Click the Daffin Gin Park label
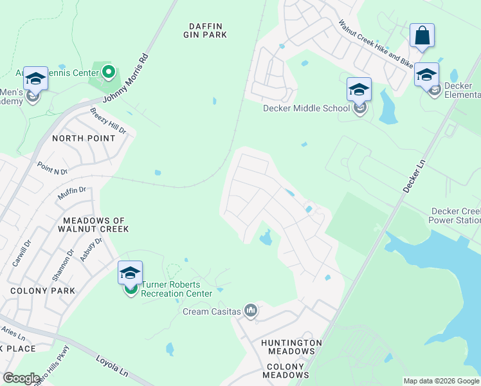[x=208, y=30]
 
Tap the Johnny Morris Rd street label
[x=137, y=77]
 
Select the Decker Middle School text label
[x=306, y=108]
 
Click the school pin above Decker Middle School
[x=359, y=89]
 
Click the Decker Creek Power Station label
[x=455, y=216]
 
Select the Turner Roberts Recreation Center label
[x=176, y=289]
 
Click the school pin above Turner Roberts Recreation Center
[x=130, y=273]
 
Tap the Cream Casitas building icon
[x=251, y=311]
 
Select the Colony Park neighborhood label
[x=42, y=291]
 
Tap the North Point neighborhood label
[x=84, y=138]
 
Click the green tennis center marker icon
[x=108, y=71]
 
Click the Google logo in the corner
[x=21, y=378]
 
